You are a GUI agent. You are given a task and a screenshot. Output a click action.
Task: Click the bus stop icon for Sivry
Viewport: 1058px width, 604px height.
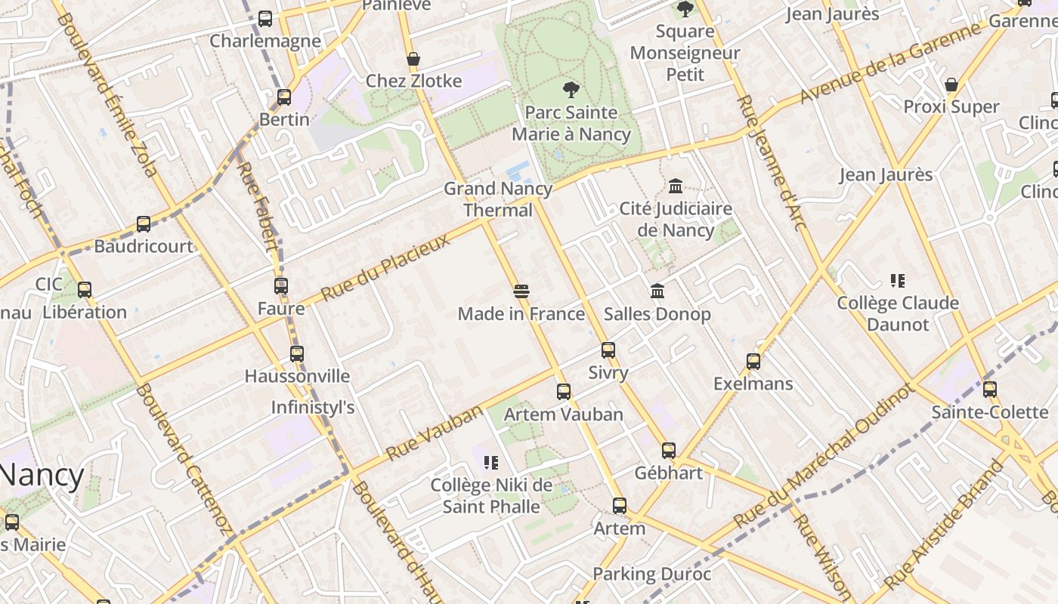point(608,350)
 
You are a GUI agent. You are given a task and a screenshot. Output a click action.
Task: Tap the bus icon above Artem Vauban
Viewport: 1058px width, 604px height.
point(564,391)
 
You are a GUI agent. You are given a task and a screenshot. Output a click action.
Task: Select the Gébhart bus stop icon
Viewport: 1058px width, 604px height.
point(669,450)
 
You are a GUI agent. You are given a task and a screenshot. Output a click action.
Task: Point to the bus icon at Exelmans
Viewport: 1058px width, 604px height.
point(753,361)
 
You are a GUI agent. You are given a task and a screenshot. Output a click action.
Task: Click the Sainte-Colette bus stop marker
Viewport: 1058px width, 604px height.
point(990,390)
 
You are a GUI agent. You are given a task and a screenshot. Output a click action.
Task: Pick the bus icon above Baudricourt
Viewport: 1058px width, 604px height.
point(144,223)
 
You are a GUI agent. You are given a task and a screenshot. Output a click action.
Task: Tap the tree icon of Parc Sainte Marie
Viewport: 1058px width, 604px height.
point(571,90)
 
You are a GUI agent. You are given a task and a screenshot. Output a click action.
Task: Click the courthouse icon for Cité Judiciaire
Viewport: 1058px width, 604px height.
point(676,186)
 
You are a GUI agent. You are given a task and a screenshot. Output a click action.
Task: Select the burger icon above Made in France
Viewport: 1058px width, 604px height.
point(521,291)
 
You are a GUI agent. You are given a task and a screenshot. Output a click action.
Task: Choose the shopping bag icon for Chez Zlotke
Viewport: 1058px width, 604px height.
point(413,59)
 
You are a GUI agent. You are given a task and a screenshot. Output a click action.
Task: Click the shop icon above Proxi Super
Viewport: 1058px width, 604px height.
point(951,84)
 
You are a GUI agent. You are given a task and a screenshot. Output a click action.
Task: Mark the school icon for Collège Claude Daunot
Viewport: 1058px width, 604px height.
point(898,281)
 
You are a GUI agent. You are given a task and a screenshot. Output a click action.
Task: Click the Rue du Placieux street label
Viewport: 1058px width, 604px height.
point(385,267)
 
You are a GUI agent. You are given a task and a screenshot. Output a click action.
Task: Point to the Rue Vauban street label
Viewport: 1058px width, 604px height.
point(434,433)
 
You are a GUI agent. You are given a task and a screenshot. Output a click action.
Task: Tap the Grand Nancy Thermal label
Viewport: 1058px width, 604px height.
point(498,199)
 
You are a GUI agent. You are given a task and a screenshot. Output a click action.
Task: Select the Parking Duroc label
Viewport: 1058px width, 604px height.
point(651,574)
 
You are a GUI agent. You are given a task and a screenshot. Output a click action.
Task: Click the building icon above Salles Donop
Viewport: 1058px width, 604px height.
point(657,291)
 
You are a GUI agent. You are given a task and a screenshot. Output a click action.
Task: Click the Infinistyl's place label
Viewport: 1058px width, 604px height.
point(313,408)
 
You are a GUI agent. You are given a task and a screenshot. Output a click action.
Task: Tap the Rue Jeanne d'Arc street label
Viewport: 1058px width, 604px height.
point(772,162)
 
